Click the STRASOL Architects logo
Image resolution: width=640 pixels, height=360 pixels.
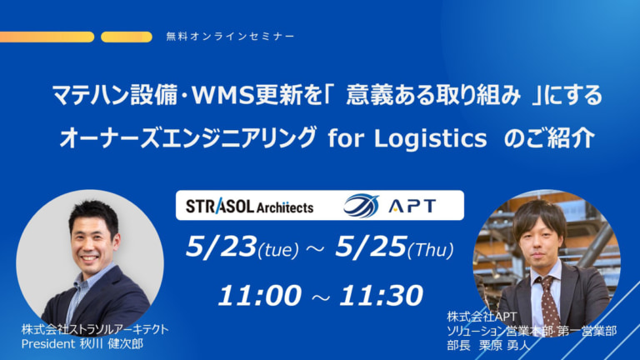pos(248,206)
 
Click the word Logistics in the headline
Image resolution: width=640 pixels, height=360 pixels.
pos(431,138)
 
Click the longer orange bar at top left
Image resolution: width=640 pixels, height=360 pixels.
pos(47,37)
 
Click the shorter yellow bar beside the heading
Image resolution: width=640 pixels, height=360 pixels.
pos(126,37)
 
